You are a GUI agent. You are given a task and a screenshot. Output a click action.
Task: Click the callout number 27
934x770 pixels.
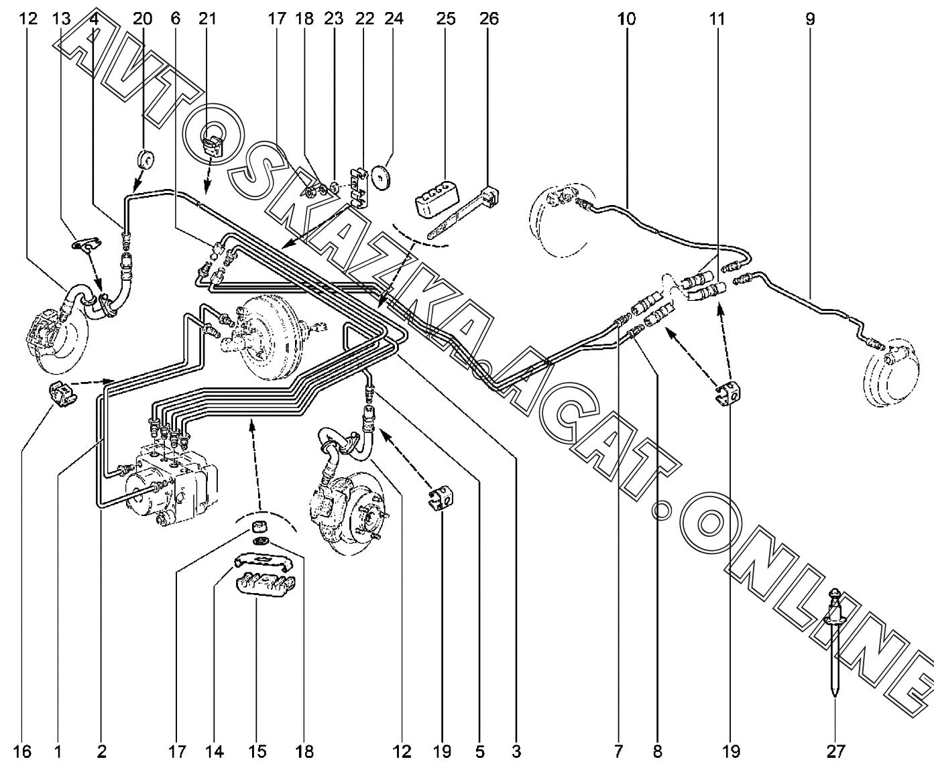pyautogui.click(x=835, y=752)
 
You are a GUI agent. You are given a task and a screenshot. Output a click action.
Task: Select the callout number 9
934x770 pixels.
pyautogui.click(x=810, y=19)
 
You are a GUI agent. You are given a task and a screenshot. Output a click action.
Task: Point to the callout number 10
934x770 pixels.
pyautogui.click(x=626, y=19)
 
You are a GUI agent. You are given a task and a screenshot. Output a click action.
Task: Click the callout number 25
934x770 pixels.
pyautogui.click(x=445, y=19)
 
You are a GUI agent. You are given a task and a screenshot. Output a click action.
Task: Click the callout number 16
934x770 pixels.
pyautogui.click(x=22, y=752)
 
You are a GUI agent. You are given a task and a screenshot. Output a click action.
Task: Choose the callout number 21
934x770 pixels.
pyautogui.click(x=208, y=19)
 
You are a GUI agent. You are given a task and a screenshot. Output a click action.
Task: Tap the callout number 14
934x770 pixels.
pyautogui.click(x=215, y=752)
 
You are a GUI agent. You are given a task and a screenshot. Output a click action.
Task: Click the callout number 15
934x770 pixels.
pyautogui.click(x=257, y=752)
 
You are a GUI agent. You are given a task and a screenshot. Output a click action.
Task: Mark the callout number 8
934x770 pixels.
pyautogui.click(x=657, y=752)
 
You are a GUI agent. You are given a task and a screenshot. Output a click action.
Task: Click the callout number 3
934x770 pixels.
pyautogui.click(x=516, y=752)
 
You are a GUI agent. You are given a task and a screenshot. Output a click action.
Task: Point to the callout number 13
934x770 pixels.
pyautogui.click(x=61, y=19)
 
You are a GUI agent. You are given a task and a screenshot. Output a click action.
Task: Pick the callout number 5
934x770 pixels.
pyautogui.click(x=479, y=752)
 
